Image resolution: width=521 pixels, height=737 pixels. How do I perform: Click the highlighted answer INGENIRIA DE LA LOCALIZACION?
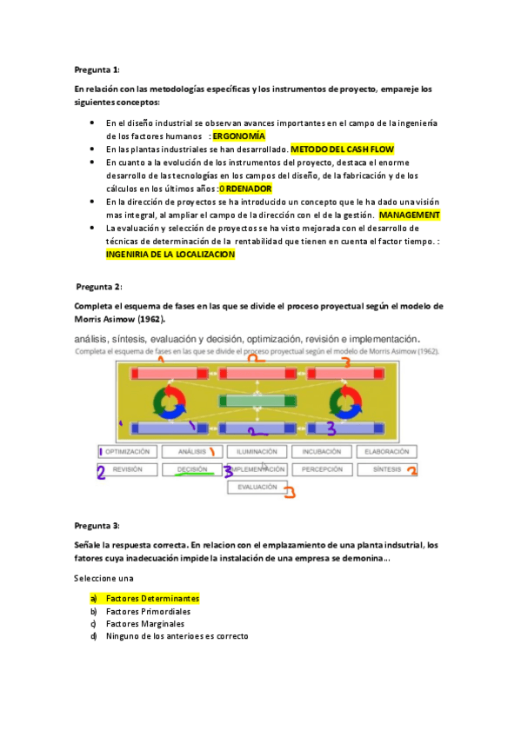(170, 255)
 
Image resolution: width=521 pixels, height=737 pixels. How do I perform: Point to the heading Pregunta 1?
(97, 70)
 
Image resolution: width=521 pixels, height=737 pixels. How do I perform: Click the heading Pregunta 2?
(99, 286)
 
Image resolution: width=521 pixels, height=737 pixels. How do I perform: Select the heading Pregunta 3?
(97, 526)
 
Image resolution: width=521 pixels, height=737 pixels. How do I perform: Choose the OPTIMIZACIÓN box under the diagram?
(132, 452)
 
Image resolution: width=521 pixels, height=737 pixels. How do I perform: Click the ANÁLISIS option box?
(191, 452)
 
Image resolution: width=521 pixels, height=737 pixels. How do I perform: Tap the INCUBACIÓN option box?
(322, 452)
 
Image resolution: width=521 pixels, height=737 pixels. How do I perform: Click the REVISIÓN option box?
(128, 469)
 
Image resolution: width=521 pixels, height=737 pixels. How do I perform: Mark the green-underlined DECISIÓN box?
(191, 469)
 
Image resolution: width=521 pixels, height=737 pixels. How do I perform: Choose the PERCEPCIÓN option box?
(322, 469)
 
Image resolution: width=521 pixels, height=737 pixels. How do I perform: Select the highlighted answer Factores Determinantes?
(152, 599)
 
